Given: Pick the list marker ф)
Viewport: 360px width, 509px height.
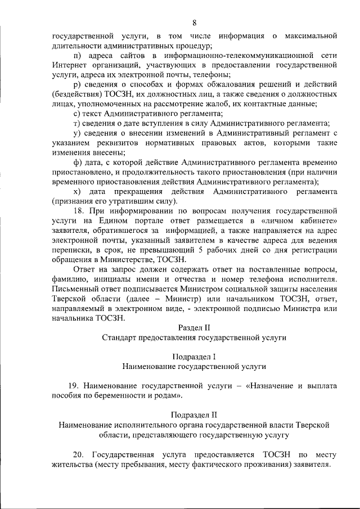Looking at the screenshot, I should point(78,163).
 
